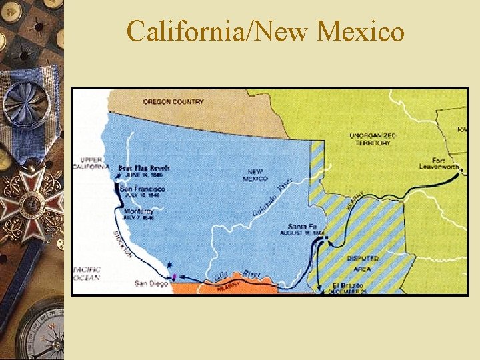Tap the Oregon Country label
tap(173, 102)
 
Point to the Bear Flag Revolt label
tap(144, 167)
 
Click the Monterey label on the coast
tap(139, 211)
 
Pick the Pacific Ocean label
tap(87, 273)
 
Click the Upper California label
tap(94, 163)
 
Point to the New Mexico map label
tap(255, 175)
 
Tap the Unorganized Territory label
tap(373, 139)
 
